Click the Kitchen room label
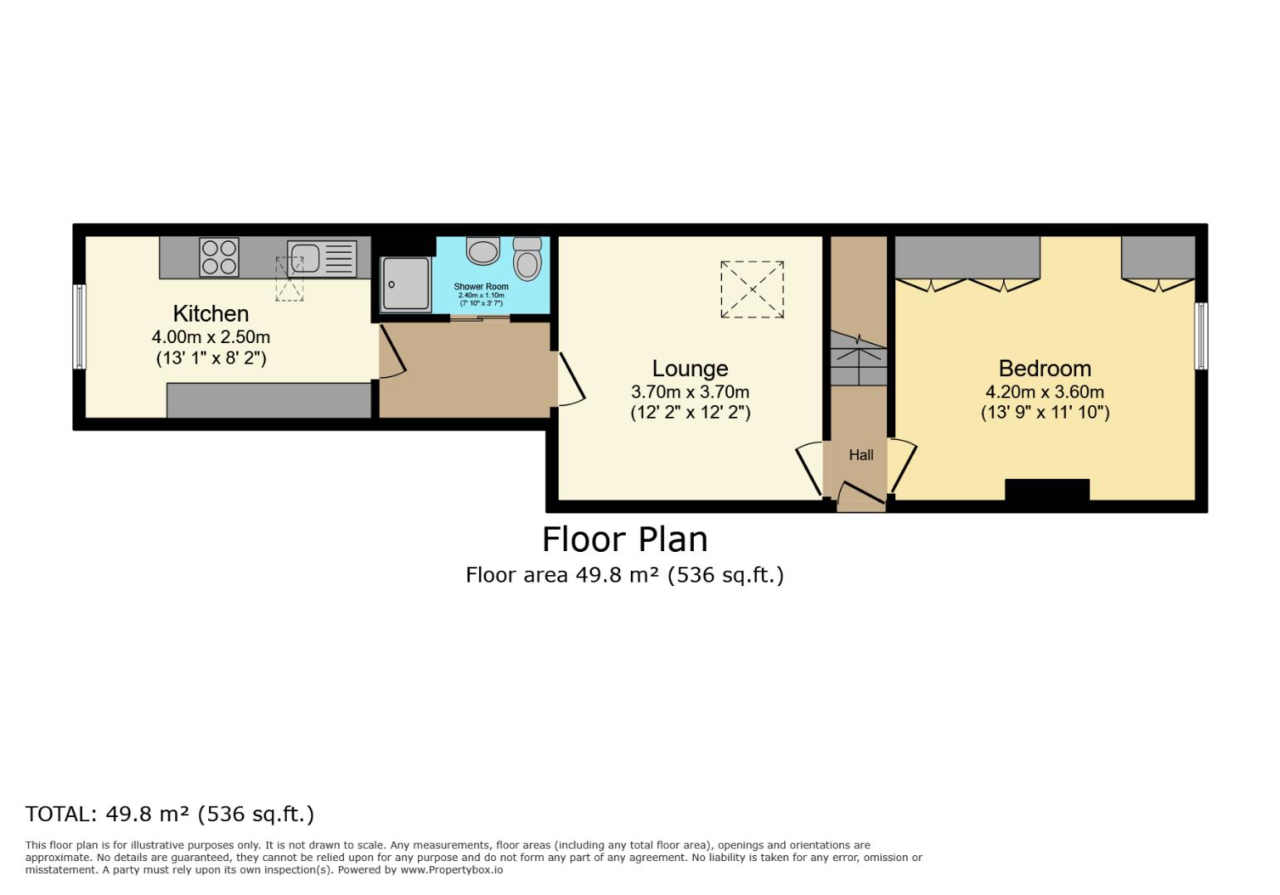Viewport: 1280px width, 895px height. [211, 314]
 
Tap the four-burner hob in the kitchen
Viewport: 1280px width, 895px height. [219, 257]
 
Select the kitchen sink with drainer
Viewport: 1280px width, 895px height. [322, 258]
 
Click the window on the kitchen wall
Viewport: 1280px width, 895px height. [80, 327]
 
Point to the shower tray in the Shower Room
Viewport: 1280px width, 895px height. [405, 283]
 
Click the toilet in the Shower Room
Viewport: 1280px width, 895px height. [526, 259]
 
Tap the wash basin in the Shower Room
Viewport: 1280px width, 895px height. [482, 249]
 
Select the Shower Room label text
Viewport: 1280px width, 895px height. [481, 287]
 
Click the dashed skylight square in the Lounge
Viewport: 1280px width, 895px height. [752, 289]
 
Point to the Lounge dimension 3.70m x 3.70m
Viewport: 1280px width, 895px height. [690, 392]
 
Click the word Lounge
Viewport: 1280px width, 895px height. [690, 369]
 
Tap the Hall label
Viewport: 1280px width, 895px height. [861, 455]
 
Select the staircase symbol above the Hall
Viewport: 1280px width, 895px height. [859, 357]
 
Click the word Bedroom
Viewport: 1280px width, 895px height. [1045, 369]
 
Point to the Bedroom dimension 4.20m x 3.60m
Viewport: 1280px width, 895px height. [1045, 392]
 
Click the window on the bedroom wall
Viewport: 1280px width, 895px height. [1200, 336]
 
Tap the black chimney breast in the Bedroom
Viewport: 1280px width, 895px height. [1047, 490]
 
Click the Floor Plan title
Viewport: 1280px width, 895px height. [625, 539]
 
